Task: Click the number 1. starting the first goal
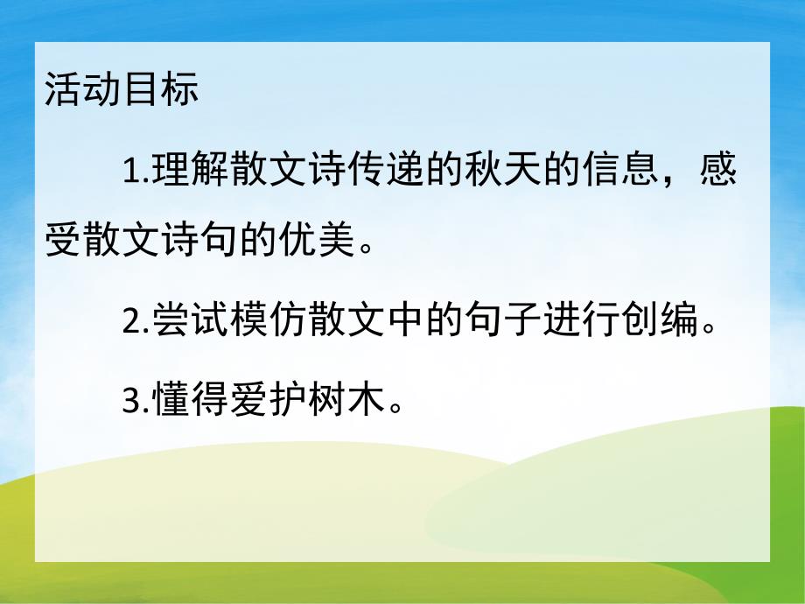coord(136,171)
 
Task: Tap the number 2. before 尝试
coord(136,323)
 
